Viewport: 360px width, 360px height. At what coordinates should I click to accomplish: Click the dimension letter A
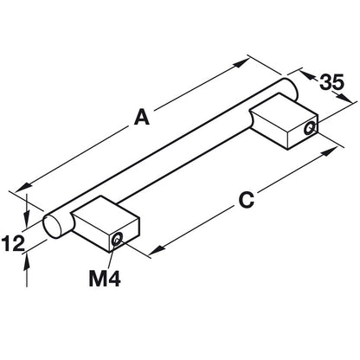coord(142,117)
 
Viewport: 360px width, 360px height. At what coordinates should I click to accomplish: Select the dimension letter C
coord(247,200)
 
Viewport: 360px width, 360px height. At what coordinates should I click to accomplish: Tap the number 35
coord(331,82)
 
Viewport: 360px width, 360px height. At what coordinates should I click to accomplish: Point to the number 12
coord(13,243)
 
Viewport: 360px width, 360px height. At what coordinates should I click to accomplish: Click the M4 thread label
coord(105,279)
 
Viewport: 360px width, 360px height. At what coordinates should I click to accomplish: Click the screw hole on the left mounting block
coord(117,239)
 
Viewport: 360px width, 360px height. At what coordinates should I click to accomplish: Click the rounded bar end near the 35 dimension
coord(290,87)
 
